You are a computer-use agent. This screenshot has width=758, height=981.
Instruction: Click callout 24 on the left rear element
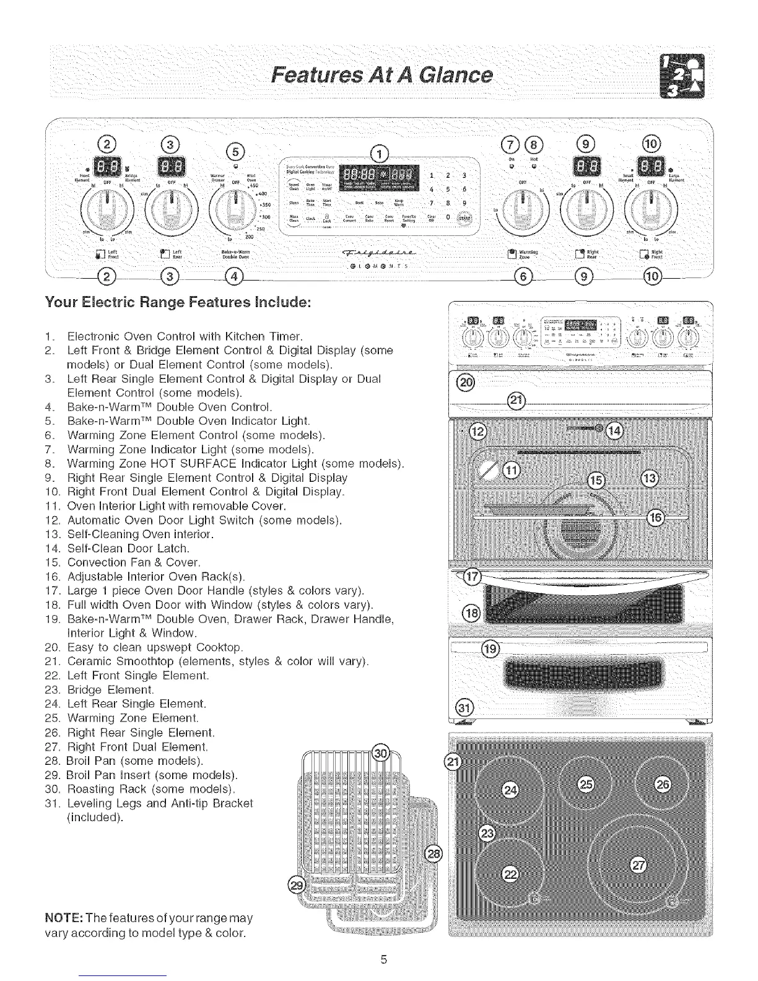pos(510,790)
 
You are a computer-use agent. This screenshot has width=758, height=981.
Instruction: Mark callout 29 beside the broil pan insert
pos(298,884)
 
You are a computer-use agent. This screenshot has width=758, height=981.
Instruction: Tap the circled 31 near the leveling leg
pos(463,707)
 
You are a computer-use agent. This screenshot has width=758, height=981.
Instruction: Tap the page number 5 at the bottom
pos(383,960)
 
